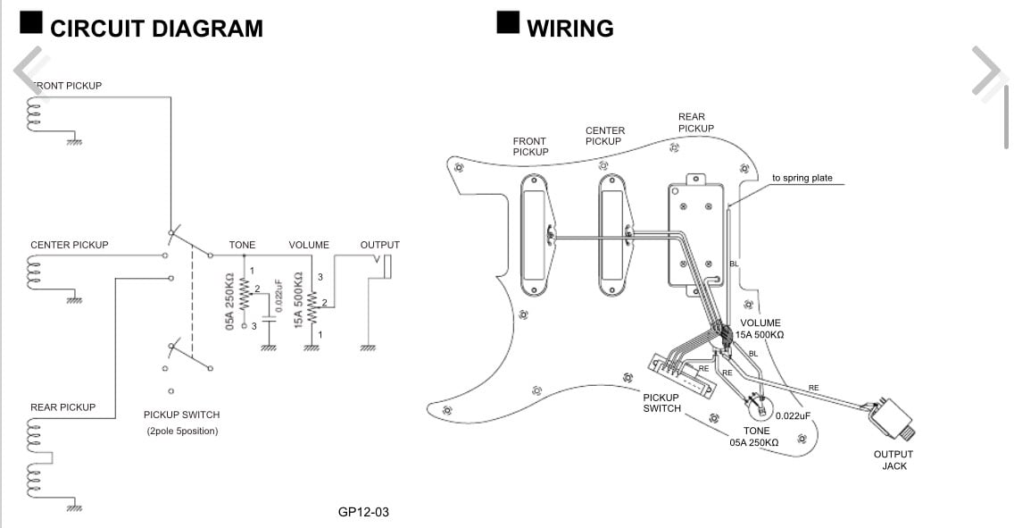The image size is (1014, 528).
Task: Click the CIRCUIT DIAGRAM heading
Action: pyautogui.click(x=156, y=29)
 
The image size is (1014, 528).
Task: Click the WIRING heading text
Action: pyautogui.click(x=570, y=29)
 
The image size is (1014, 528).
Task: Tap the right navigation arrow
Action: pyautogui.click(x=988, y=70)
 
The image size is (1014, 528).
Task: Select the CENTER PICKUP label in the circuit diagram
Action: pyautogui.click(x=70, y=245)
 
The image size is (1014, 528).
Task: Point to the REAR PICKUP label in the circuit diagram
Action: pyautogui.click(x=62, y=407)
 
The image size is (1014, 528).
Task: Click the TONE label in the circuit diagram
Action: pyautogui.click(x=242, y=245)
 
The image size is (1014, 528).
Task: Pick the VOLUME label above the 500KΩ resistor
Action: pyautogui.click(x=309, y=245)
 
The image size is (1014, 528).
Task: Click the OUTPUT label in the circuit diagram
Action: pyautogui.click(x=380, y=245)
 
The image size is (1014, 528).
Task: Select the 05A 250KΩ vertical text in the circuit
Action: pyautogui.click(x=230, y=301)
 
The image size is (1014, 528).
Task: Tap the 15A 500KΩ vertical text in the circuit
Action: pyautogui.click(x=298, y=301)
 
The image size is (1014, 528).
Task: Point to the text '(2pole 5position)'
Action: pyautogui.click(x=182, y=431)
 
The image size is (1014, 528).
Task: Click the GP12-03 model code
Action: pyautogui.click(x=363, y=512)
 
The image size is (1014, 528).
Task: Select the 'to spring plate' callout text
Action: pyautogui.click(x=802, y=178)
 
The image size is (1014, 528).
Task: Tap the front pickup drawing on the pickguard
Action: pyautogui.click(x=534, y=235)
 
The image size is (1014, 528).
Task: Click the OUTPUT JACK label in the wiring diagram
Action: pyautogui.click(x=893, y=460)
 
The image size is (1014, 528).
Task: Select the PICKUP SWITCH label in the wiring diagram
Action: pyautogui.click(x=661, y=403)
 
